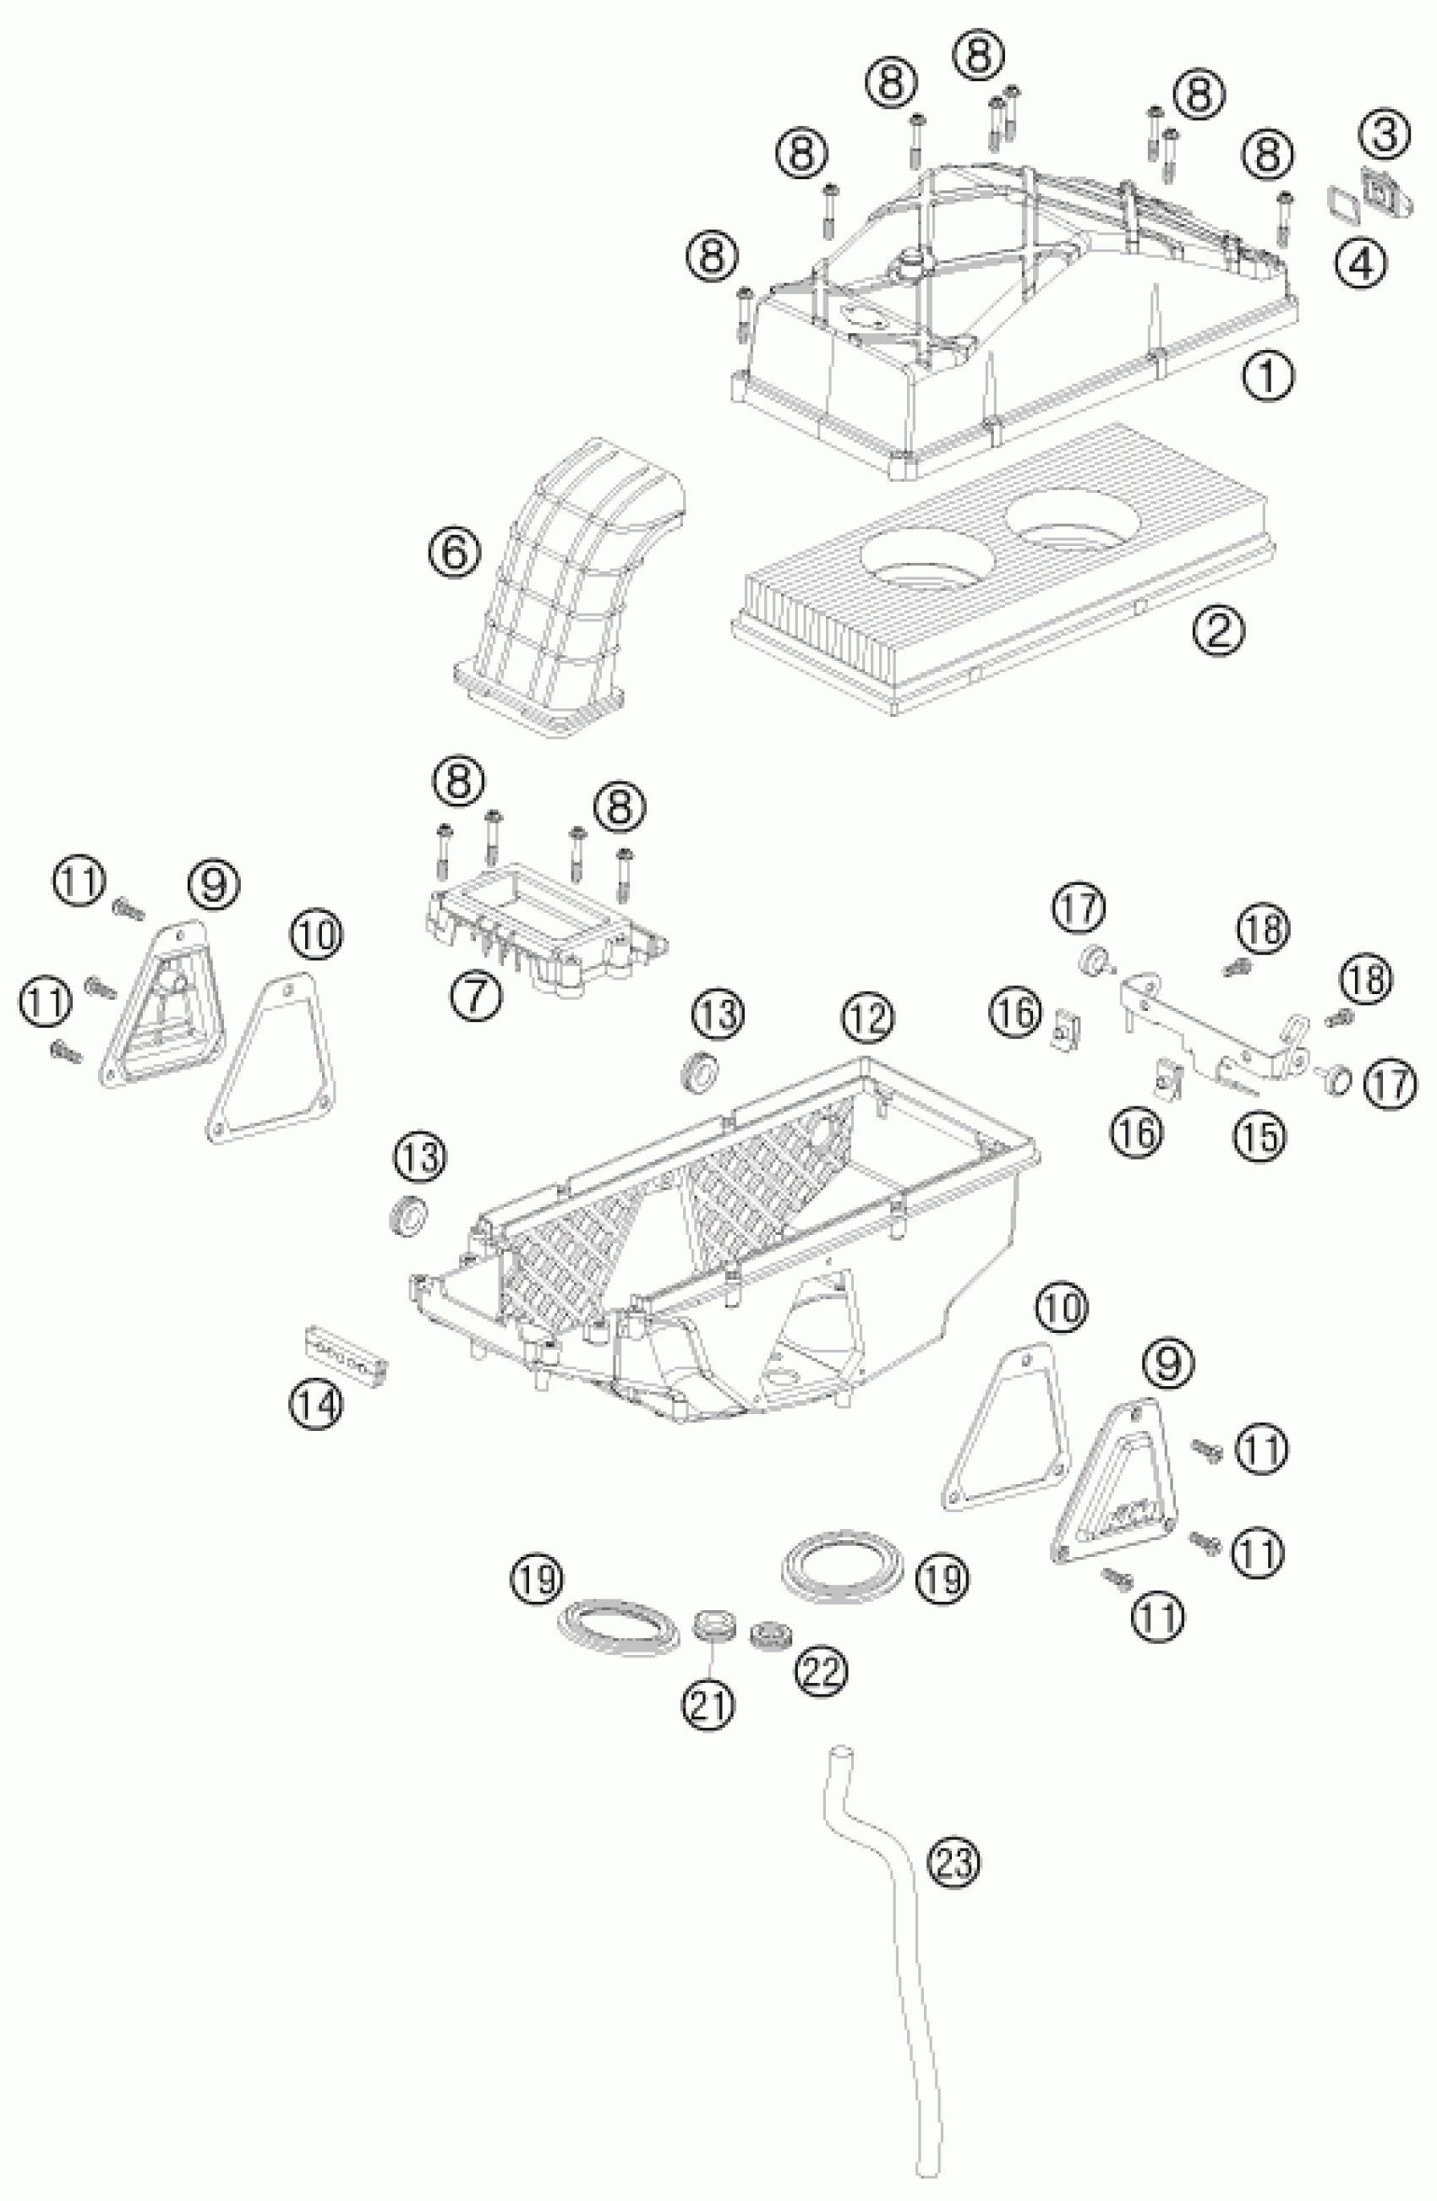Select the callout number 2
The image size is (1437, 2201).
[x=1218, y=631]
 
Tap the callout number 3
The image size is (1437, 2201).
[x=1385, y=135]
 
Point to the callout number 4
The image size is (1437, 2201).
[x=1360, y=265]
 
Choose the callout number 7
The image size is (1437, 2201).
[x=477, y=998]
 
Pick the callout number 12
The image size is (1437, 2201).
[x=867, y=1019]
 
